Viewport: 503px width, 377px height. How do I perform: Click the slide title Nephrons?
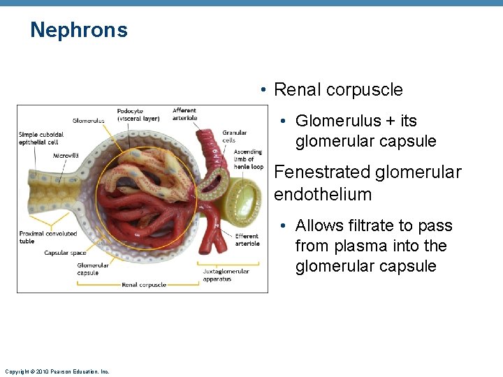[79, 30]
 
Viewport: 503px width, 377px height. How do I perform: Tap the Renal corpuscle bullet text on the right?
[338, 90]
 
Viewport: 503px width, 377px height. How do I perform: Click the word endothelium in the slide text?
[322, 193]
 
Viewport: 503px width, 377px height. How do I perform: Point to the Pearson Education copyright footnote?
[57, 371]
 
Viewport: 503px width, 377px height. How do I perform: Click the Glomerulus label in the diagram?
[88, 120]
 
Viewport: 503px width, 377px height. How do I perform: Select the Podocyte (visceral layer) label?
[138, 114]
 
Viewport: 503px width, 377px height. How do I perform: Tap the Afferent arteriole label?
[185, 114]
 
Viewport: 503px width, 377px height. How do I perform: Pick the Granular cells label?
[235, 136]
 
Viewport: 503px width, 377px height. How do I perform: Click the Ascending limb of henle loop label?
[248, 159]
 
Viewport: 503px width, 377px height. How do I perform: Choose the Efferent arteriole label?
[247, 239]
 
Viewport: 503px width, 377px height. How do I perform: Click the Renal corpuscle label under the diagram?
[144, 285]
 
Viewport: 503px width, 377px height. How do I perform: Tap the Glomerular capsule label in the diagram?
[93, 269]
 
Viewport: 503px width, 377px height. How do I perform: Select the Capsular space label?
[66, 253]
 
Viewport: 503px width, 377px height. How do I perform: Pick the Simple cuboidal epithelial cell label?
[41, 138]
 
